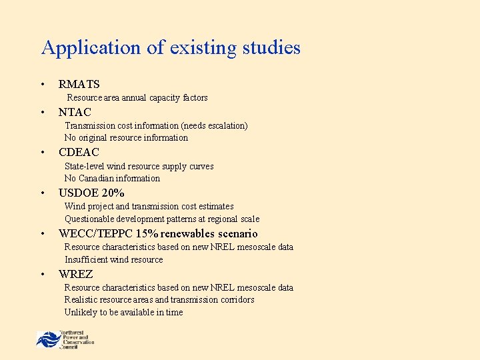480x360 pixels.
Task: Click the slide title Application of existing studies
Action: coord(171,48)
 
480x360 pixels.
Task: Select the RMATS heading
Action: coord(79,84)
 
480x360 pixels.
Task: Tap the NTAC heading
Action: coord(75,112)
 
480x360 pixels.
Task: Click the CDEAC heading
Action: coord(79,153)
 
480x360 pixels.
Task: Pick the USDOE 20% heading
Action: coord(91,193)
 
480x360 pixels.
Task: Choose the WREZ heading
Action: coord(75,274)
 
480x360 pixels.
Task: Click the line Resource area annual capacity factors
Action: coord(137,98)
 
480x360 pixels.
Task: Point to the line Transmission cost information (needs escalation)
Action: coord(156,125)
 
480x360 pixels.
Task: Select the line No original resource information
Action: coord(126,138)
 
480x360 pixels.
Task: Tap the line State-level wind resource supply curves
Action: coord(139,166)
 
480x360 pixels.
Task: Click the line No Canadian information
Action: coord(112,179)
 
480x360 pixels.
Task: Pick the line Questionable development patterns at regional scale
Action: coord(162,219)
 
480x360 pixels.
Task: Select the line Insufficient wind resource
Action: coord(113,260)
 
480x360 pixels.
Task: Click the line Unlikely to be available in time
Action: coord(123,313)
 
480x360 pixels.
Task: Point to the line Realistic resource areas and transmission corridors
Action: coord(159,300)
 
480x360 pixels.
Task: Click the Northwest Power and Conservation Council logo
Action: coord(65,339)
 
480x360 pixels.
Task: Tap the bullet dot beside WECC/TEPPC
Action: coord(42,234)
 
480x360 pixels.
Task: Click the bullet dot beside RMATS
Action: coord(42,85)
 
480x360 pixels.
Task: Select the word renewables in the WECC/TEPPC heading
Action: coord(189,234)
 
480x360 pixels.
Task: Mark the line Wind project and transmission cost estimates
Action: coord(149,207)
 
